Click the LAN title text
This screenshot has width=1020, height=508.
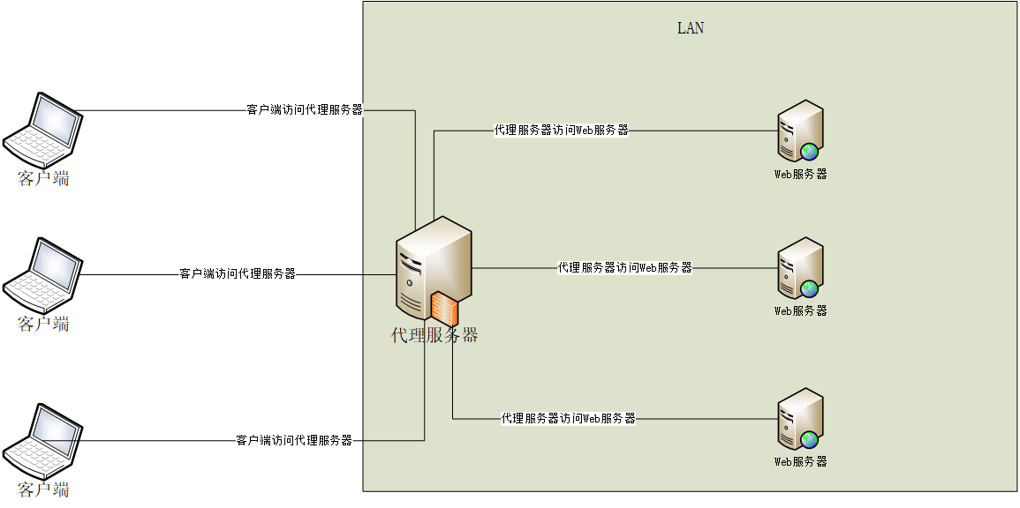tap(691, 28)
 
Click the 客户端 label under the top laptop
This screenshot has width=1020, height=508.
tap(43, 179)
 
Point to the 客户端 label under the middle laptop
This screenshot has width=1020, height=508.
tap(43, 325)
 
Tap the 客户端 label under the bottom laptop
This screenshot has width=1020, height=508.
tap(43, 490)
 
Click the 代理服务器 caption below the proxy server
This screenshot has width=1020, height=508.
tap(434, 336)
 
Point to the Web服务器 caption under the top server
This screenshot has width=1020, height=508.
tap(801, 175)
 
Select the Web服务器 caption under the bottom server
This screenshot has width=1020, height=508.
tap(801, 462)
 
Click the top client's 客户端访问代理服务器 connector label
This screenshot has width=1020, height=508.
tap(304, 110)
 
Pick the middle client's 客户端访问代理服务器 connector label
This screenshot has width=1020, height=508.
tap(238, 273)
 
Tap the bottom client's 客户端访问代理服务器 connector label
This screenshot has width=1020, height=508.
tap(294, 440)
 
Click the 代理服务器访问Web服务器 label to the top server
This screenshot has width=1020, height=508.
tap(561, 131)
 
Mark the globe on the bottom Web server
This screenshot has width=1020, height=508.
tap(810, 439)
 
